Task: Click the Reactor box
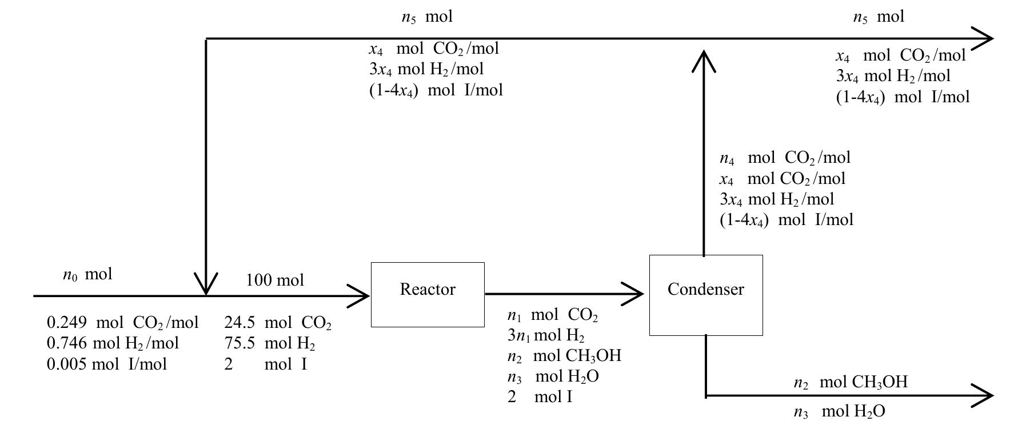(x=428, y=295)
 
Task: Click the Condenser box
(x=706, y=295)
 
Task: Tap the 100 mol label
(x=275, y=280)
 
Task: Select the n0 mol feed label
(x=87, y=275)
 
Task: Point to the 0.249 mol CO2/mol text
(x=122, y=323)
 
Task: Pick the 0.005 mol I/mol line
(x=107, y=364)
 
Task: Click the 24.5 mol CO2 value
(x=278, y=323)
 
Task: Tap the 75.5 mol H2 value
(x=270, y=343)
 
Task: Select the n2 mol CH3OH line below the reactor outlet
(x=564, y=356)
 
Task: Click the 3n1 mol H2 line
(x=545, y=335)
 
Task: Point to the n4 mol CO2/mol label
(x=785, y=158)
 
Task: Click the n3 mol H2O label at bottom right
(x=839, y=412)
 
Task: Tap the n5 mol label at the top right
(x=879, y=17)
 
